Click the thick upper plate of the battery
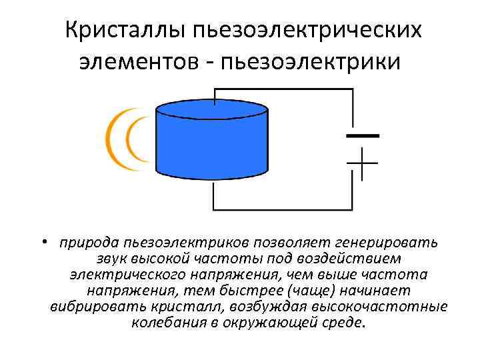(x=361, y=135)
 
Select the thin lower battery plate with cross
(x=361, y=162)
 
